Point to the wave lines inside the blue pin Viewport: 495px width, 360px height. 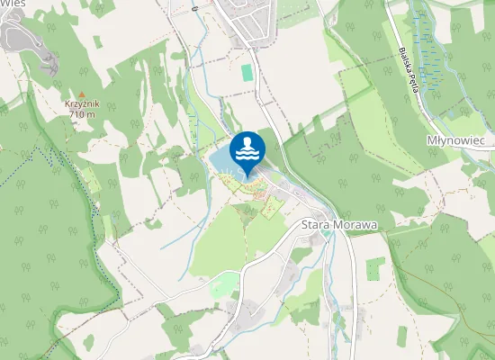(247, 155)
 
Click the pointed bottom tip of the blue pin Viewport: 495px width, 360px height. (247, 175)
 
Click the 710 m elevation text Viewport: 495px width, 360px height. (82, 115)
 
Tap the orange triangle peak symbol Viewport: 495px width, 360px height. (82, 94)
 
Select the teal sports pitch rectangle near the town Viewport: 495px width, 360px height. (247, 72)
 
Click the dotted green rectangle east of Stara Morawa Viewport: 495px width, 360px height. (375, 268)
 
